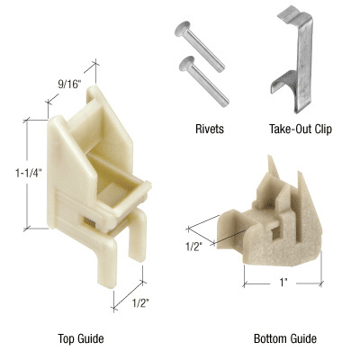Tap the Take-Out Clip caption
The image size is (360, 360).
coord(300,129)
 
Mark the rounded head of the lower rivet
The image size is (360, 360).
coord(185,63)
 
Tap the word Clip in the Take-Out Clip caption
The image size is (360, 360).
coord(321,129)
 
